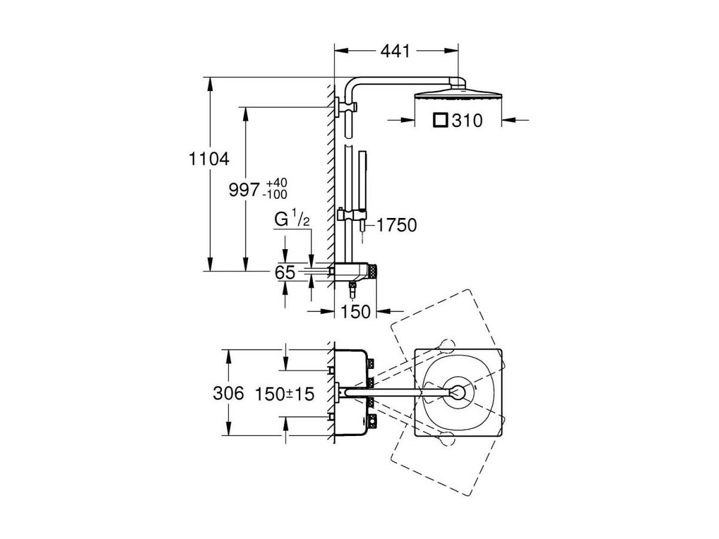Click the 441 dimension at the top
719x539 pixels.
tap(395, 52)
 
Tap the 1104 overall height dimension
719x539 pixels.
tap(209, 159)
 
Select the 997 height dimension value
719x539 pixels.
tap(244, 190)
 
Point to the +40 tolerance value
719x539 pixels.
tap(277, 183)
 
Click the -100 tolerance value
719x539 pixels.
tap(275, 195)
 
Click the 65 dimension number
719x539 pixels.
tap(285, 272)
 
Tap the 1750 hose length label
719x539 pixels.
tap(397, 225)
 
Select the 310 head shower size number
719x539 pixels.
tap(467, 121)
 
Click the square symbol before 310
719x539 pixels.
tap(440, 120)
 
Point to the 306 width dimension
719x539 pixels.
tap(228, 393)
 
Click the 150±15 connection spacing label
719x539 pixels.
tap(285, 394)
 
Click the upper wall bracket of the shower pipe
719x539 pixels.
tap(346, 107)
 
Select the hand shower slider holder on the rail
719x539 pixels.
tap(352, 214)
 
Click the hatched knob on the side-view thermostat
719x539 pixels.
tap(373, 272)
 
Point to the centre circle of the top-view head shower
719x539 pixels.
tap(458, 392)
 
